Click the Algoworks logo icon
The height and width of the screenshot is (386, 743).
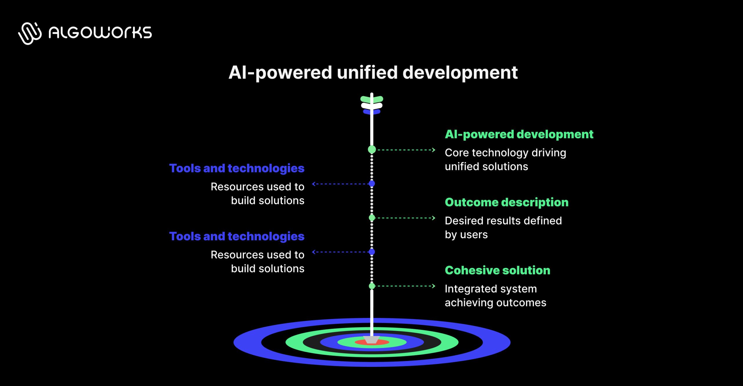[x=30, y=33]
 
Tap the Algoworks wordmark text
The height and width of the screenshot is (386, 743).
[x=100, y=32]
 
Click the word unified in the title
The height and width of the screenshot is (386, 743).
[x=367, y=72]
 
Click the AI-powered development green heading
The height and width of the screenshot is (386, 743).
[x=519, y=134]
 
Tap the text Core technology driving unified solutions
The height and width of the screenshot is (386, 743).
[x=505, y=160]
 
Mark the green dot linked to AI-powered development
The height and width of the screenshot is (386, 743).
[x=372, y=150]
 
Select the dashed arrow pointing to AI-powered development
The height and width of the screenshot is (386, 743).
[x=406, y=150]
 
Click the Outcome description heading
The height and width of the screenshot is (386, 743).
[x=506, y=202]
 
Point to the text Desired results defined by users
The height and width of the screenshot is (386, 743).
[x=503, y=228]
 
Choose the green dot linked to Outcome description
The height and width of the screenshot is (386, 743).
[x=372, y=218]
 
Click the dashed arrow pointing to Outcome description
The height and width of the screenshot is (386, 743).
[x=406, y=218]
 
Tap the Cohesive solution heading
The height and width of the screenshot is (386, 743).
[x=497, y=270]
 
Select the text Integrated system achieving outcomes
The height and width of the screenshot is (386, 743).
[x=495, y=296]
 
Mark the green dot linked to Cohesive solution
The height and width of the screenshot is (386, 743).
[x=372, y=286]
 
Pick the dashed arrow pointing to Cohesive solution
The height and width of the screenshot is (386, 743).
[x=406, y=286]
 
